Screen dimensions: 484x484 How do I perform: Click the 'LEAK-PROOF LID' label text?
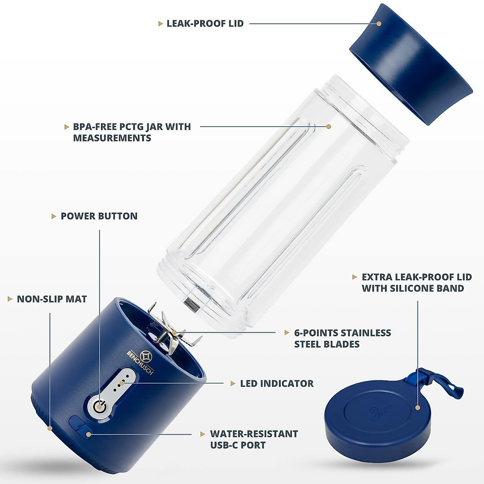coord(205,23)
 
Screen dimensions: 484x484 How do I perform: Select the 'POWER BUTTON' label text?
coord(99,216)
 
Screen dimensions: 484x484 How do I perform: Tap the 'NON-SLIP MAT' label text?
coord(52,299)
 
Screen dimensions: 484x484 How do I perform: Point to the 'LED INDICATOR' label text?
coord(277,384)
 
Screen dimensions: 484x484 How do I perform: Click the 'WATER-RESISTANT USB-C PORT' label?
coord(254,440)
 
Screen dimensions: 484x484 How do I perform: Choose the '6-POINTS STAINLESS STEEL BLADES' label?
coord(342,338)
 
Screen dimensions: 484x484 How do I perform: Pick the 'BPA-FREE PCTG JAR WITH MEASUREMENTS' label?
coord(132,132)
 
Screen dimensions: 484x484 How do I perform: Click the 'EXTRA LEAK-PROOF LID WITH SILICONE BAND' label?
coord(416,283)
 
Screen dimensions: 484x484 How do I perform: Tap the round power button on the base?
coord(99,406)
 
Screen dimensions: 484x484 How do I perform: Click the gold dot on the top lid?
coord(379,23)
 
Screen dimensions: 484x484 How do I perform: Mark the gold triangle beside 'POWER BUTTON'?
coord(54,217)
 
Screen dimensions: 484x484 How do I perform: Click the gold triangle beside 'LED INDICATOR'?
coord(233,384)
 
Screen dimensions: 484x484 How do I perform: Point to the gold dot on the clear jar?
coord(328,126)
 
